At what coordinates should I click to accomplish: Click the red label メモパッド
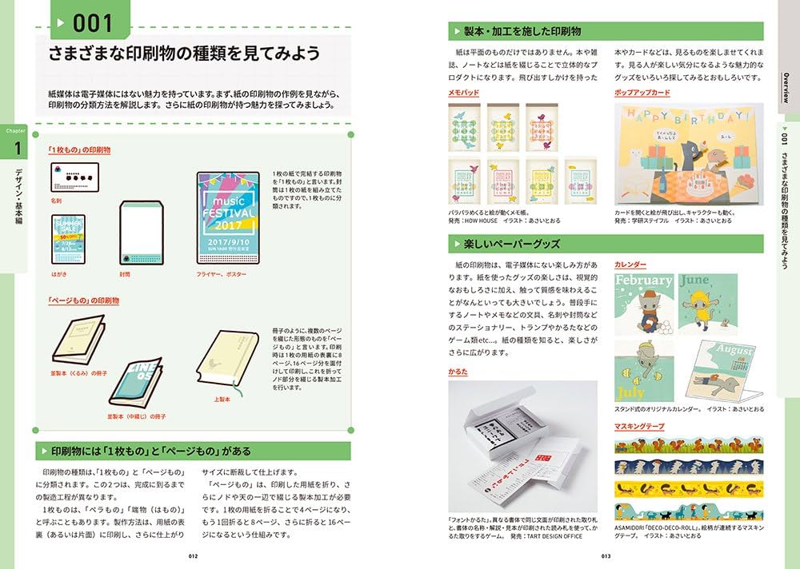pos(464,94)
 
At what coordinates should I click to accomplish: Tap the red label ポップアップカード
pos(642,94)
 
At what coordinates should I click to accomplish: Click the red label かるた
pos(458,372)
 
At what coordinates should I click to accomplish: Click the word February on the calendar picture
pos(643,281)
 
